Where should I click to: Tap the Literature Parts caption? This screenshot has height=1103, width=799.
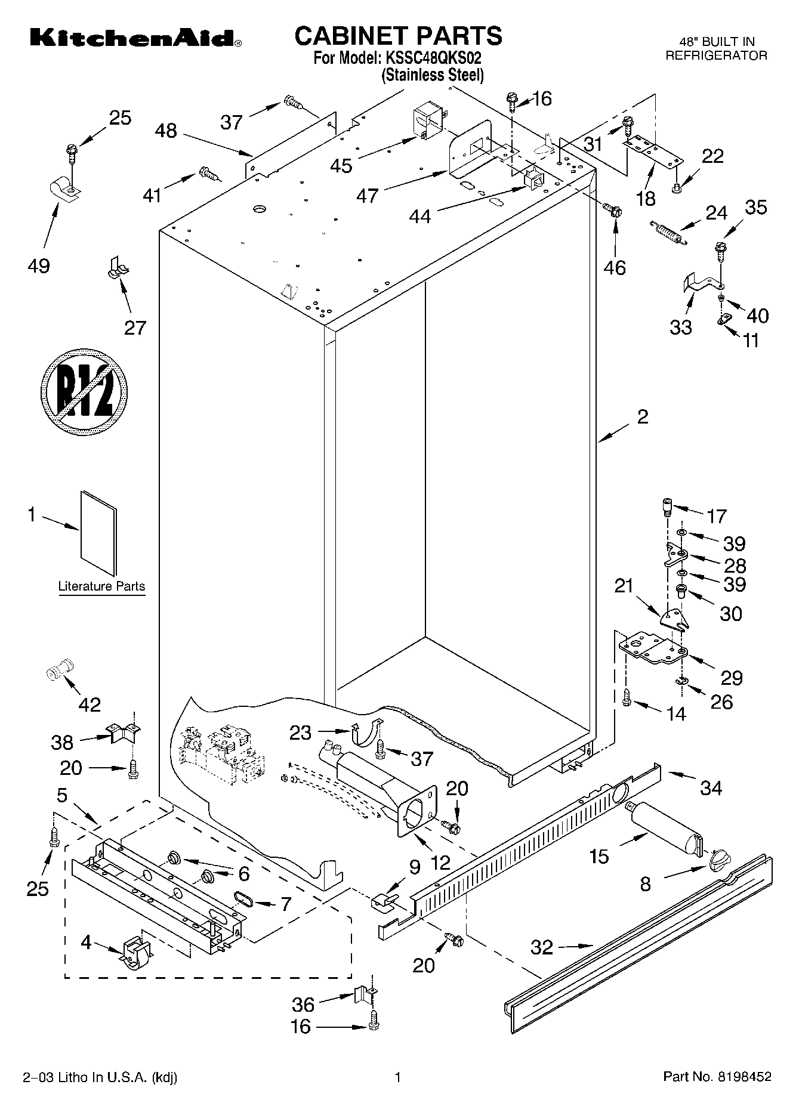tap(101, 586)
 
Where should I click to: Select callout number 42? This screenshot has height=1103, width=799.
tap(90, 705)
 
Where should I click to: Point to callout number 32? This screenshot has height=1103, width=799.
tap(542, 947)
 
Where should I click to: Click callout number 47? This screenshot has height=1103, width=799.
tap(368, 195)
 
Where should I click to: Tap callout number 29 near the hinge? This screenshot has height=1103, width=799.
tap(732, 678)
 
